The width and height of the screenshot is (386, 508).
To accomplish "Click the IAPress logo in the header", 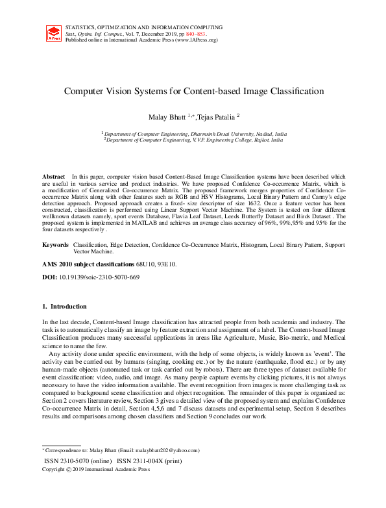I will click(53, 34).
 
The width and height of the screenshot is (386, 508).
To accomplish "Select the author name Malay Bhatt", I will click(167, 116).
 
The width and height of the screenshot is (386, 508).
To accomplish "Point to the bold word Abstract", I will click(53, 177).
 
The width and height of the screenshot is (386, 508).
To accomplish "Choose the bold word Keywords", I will click(55, 245).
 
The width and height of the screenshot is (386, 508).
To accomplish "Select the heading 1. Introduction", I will click(64, 306).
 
